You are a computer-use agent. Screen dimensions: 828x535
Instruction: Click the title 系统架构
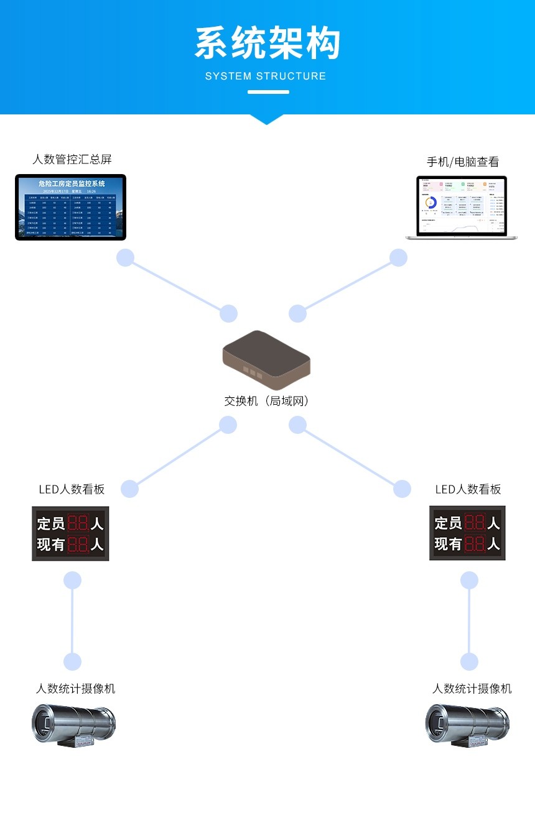(x=267, y=44)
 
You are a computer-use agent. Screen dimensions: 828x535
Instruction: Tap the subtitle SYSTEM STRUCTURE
(x=266, y=76)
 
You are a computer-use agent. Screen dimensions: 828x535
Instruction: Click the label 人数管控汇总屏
(x=72, y=159)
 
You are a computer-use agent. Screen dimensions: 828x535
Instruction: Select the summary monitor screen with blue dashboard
(x=70, y=207)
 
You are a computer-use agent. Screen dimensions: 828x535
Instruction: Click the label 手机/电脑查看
(x=462, y=162)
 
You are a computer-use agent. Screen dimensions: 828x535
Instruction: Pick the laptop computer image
(x=461, y=208)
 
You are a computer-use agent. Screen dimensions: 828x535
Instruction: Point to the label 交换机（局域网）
(x=266, y=401)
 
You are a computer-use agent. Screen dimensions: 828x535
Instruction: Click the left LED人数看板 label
(x=72, y=489)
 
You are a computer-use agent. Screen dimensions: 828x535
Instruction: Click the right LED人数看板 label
(x=468, y=489)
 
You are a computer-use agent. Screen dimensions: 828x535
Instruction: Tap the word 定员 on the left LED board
(x=50, y=523)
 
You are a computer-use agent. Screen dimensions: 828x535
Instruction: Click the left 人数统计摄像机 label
(x=75, y=689)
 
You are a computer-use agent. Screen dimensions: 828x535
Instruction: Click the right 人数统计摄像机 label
(x=472, y=689)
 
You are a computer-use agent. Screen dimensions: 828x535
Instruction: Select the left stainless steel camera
(x=73, y=724)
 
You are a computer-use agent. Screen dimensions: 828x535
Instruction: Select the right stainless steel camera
(x=467, y=724)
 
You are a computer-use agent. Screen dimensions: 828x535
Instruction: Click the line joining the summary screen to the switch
(x=177, y=286)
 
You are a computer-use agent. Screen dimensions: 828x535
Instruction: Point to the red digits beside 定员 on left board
(x=78, y=523)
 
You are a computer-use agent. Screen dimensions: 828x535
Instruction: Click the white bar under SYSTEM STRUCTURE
(x=268, y=92)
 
